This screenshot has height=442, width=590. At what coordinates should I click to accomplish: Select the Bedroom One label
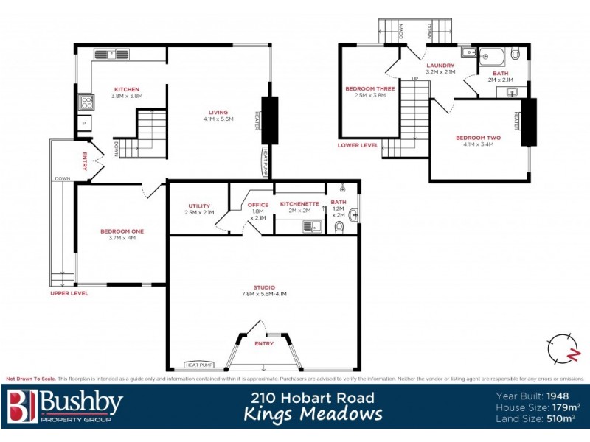point(122,231)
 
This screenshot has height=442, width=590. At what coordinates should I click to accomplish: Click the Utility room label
point(199,206)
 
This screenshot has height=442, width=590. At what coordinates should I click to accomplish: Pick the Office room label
point(258,205)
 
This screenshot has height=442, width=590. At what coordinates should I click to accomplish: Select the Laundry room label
point(440,66)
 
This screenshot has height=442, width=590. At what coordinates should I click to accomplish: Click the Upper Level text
point(69,293)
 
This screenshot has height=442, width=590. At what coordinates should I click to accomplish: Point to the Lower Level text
point(358,145)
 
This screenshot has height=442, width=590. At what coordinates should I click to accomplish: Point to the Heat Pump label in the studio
point(199,365)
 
